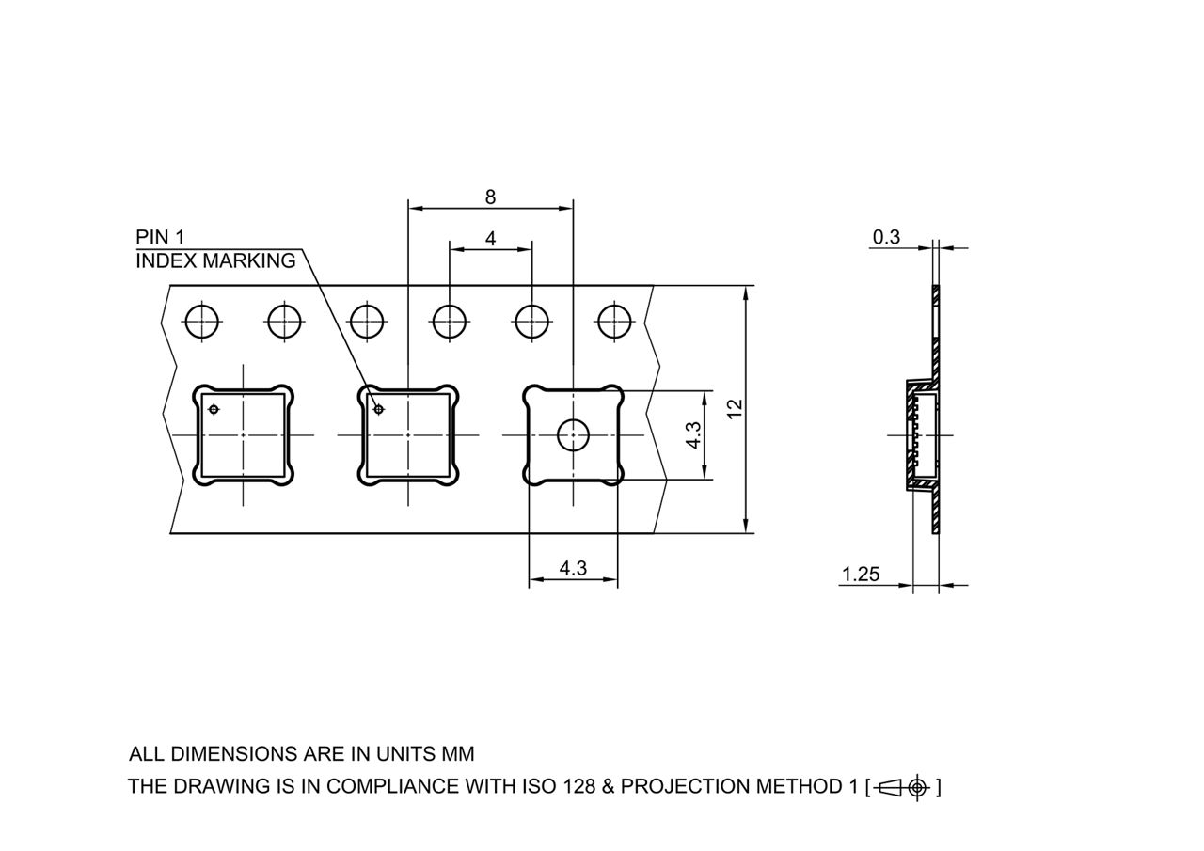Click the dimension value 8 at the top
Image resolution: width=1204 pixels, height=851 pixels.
tap(490, 197)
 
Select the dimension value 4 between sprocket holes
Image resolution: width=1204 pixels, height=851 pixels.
tap(490, 239)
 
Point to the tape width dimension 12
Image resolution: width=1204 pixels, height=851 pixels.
tap(735, 409)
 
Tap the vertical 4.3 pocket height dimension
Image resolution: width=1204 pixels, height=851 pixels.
tap(693, 434)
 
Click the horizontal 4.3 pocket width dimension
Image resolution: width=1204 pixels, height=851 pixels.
tap(573, 568)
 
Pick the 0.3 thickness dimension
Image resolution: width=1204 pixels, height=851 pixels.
tap(886, 237)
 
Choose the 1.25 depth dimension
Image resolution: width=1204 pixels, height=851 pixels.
tap(861, 574)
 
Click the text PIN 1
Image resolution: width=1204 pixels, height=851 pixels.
tap(160, 237)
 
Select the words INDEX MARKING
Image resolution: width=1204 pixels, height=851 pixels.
tap(215, 261)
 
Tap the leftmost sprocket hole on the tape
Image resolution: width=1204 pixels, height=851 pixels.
tap(202, 323)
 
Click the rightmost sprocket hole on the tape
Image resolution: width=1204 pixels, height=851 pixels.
tap(614, 323)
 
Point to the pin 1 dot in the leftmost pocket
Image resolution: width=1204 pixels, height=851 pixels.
tap(214, 409)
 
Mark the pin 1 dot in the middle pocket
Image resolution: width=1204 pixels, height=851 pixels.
tap(379, 409)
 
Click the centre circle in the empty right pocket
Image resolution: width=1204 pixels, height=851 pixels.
tap(573, 435)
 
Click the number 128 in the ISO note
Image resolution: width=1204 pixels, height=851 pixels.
tap(578, 786)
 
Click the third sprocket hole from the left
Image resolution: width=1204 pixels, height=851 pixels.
tap(367, 323)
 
